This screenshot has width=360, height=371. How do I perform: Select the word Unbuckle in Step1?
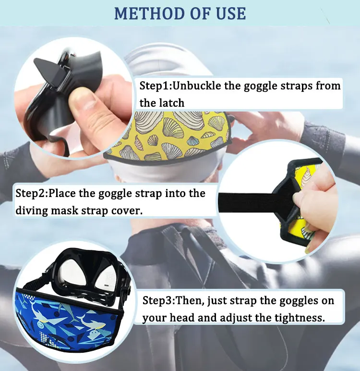(x=193, y=87)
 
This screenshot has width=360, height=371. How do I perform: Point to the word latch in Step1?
(x=171, y=103)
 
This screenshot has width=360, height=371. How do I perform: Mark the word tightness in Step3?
(x=300, y=318)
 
